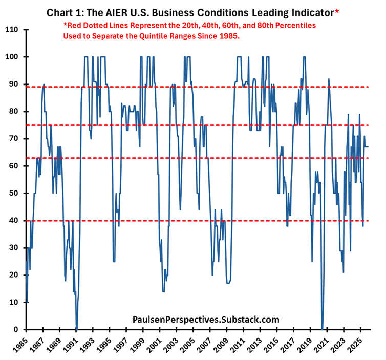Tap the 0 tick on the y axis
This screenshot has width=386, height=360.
17,329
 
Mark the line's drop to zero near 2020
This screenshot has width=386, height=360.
322,328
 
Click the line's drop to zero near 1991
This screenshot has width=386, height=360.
76,328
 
